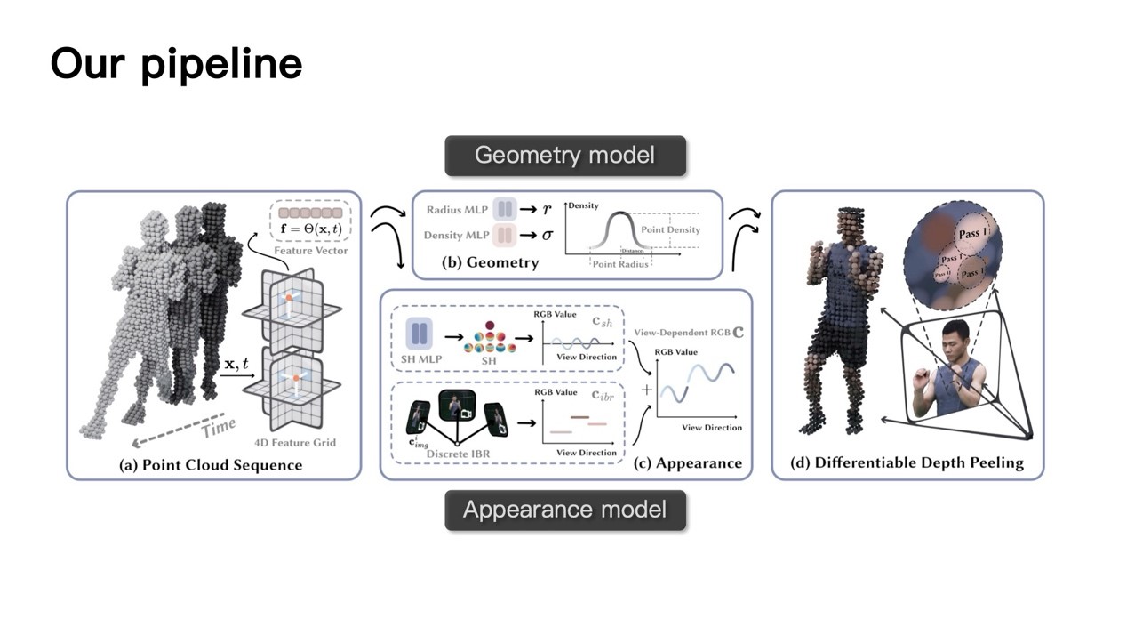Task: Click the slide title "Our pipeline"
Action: coord(176,64)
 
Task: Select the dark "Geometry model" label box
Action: coord(564,156)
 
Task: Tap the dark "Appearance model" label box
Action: coord(564,510)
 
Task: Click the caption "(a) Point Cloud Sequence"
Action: coord(211,465)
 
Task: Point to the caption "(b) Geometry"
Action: coord(490,262)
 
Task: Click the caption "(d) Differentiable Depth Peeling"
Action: coord(907,462)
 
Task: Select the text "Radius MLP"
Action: coord(457,210)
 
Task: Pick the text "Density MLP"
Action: coord(456,235)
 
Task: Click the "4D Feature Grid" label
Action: coord(296,442)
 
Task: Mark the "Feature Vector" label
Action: coord(310,251)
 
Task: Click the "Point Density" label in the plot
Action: coord(670,229)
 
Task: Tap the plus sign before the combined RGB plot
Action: coord(646,390)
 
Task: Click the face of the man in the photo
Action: coord(950,341)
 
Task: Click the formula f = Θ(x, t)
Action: coord(310,229)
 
